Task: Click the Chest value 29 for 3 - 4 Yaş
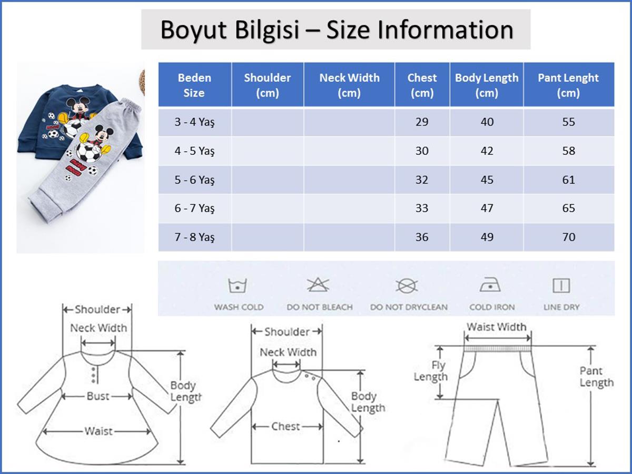pos(422,122)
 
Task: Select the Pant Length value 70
pos(569,237)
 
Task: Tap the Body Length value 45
pos(487,180)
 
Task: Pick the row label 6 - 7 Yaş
pos(195,208)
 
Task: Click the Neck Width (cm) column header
pos(349,85)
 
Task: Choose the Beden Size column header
pos(194,85)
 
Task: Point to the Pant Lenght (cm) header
pos(568,85)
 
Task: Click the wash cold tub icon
pos(237,285)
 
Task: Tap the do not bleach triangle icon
pos(318,285)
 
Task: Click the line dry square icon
pos(561,285)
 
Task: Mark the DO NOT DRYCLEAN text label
pos(409,307)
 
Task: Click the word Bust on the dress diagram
pos(98,396)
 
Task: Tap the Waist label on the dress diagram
pos(98,431)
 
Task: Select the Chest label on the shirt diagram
pos(285,426)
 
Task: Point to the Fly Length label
pos(431,371)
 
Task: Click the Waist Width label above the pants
pos(497,327)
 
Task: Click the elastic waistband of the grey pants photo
pos(131,106)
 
